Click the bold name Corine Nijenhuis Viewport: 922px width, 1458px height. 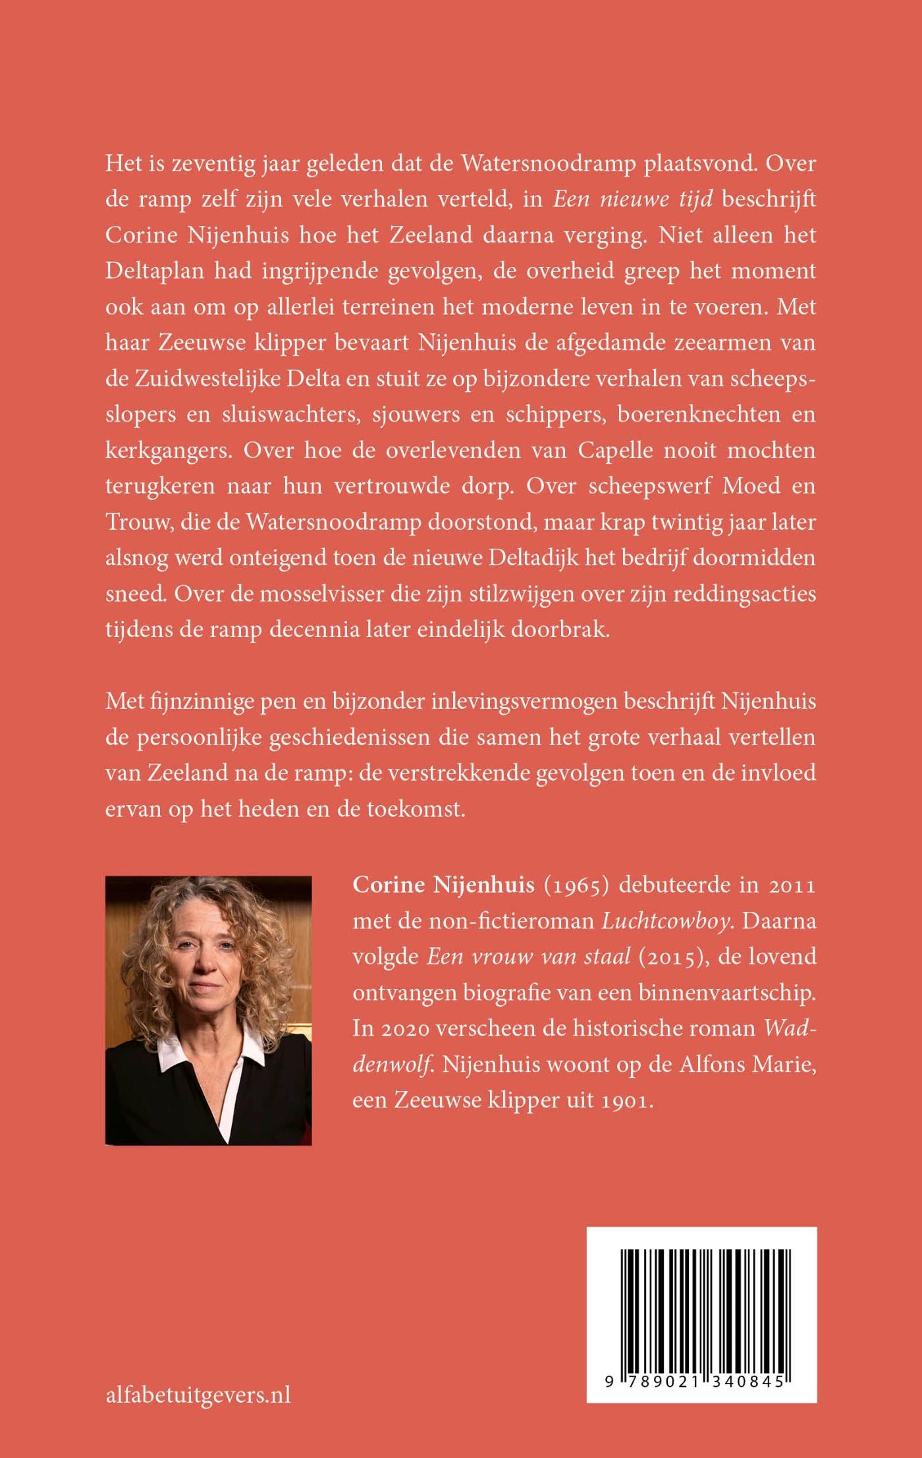point(443,885)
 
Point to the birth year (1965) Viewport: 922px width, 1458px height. point(576,885)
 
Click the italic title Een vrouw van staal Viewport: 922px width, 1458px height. point(528,957)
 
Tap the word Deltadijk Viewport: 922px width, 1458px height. point(524,557)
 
